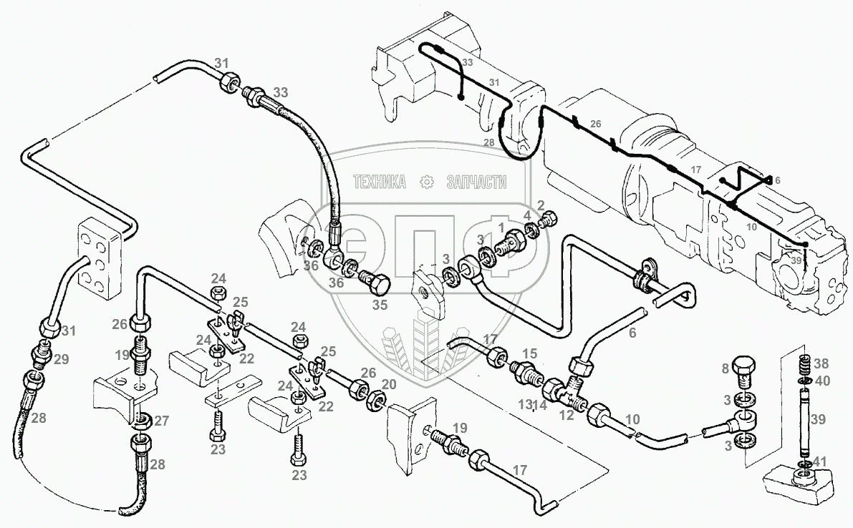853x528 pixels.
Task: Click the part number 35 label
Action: (380, 305)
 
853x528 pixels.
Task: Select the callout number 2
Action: (540, 205)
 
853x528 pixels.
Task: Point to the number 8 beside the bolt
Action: (725, 369)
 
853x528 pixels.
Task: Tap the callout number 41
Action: (819, 462)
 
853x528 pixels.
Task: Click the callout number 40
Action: (822, 381)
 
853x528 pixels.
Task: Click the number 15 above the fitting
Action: (530, 353)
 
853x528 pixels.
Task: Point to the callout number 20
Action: (388, 385)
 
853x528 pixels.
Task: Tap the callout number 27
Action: (161, 421)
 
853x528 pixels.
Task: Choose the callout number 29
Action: (62, 359)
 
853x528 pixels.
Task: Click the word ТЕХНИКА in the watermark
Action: (380, 182)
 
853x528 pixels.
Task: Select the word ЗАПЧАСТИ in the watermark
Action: (476, 182)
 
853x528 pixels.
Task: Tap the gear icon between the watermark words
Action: (427, 182)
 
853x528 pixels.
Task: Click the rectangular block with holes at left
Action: (99, 258)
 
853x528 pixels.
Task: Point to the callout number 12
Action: (567, 415)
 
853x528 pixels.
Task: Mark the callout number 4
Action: (527, 215)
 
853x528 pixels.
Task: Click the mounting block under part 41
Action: (800, 482)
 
